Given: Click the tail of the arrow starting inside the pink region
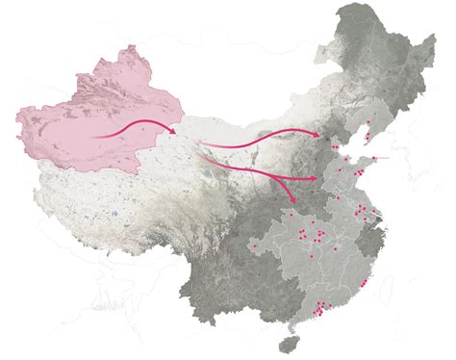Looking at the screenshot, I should point(93,137).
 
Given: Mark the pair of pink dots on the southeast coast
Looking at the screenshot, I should point(367,285).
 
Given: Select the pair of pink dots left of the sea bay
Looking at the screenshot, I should point(332,148).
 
